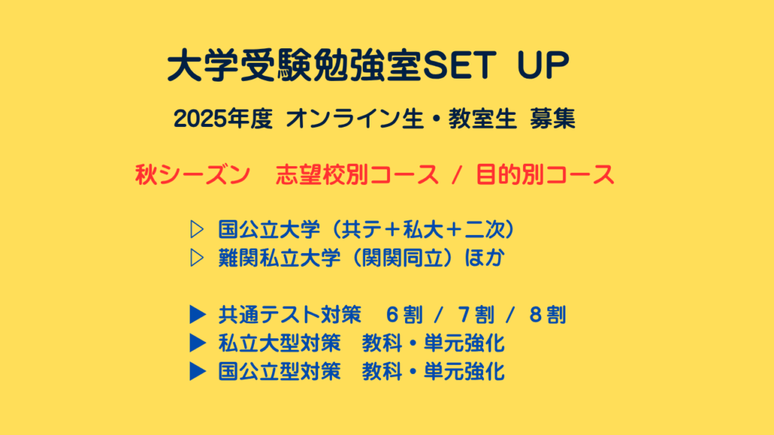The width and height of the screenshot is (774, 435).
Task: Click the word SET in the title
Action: pyautogui.click(x=459, y=65)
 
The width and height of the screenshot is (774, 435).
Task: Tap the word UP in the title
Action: pyautogui.click(x=543, y=65)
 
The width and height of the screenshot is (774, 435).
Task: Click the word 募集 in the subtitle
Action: pyautogui.click(x=553, y=119)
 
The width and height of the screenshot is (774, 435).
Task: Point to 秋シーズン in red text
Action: pyautogui.click(x=193, y=174)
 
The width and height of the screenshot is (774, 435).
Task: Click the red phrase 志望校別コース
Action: pyautogui.click(x=357, y=174)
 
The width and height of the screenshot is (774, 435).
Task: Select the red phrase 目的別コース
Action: pyautogui.click(x=545, y=174)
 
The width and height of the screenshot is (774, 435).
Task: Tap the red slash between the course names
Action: pyautogui.click(x=457, y=174)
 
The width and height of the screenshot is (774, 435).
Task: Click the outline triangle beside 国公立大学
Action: pyautogui.click(x=197, y=230)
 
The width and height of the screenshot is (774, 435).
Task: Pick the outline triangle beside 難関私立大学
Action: pyautogui.click(x=197, y=258)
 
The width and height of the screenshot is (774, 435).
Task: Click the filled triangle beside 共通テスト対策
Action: pyautogui.click(x=197, y=315)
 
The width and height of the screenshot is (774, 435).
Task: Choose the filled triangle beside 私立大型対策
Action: pyautogui.click(x=197, y=344)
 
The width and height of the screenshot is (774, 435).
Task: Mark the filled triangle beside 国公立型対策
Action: pyautogui.click(x=197, y=372)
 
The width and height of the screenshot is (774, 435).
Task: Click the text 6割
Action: pyautogui.click(x=404, y=315)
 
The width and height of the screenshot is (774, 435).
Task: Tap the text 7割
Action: pyautogui.click(x=476, y=315)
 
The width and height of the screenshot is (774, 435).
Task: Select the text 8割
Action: pyautogui.click(x=547, y=315)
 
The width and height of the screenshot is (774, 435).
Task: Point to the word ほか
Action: pyautogui.click(x=485, y=258)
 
